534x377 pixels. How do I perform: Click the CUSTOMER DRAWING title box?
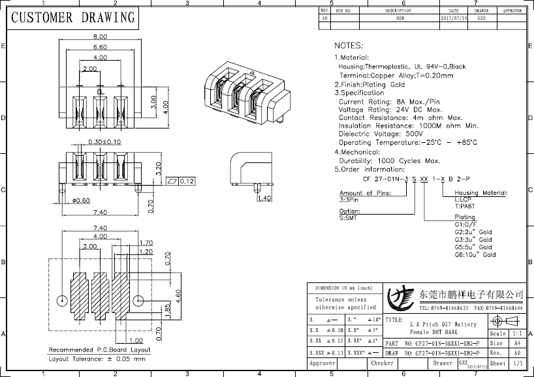coord(72,18)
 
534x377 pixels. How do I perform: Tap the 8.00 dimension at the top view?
coord(100,37)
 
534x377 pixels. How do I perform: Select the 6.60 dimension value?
coord(100,47)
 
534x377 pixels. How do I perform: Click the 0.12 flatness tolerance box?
coord(182,181)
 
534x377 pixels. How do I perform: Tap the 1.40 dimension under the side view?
coord(264,198)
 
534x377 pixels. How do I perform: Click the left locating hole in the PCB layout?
coord(62,301)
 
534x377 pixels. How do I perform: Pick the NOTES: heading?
coord(348,46)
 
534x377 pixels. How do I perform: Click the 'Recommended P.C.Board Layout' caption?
coord(99,350)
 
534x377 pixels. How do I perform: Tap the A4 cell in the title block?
coord(516,343)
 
